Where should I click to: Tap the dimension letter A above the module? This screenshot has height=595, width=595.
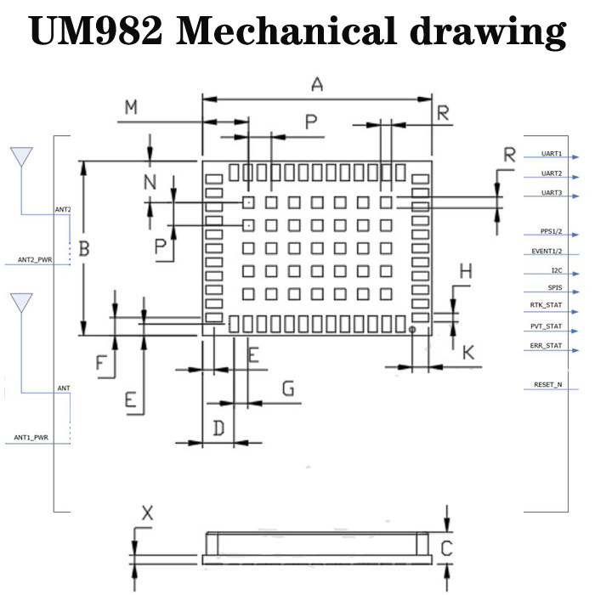317,84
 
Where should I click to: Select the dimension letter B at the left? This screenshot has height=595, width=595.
84,249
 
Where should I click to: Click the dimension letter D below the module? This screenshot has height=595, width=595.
218,428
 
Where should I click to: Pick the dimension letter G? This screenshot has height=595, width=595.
288,389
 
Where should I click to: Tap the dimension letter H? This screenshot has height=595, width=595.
465,272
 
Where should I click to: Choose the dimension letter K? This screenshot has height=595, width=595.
467,353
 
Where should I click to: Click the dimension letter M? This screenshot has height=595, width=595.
131,108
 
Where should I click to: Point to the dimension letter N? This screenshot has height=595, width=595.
150,182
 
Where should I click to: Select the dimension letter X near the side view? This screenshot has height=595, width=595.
147,513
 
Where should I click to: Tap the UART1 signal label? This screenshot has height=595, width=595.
552,154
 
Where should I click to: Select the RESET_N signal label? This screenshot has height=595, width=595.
547,385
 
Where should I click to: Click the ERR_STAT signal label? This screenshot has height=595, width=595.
547,345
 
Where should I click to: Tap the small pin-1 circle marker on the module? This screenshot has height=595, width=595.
412,328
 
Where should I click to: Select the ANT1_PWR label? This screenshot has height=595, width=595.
31,438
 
